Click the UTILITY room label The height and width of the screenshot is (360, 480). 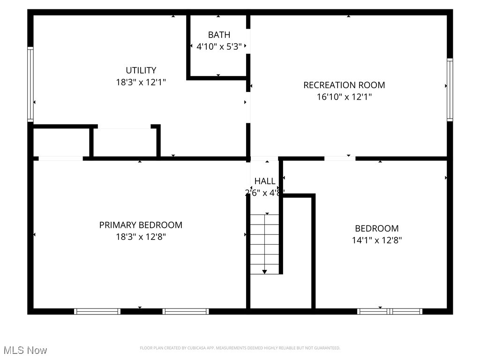[141, 71]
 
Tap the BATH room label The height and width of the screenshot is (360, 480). [219, 35]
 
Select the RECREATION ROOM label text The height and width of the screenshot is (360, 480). [344, 85]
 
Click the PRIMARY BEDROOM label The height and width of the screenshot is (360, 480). [141, 225]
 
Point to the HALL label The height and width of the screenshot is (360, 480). [265, 181]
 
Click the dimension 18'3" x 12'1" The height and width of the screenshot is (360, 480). [141, 82]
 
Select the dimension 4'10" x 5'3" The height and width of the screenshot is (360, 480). [219, 47]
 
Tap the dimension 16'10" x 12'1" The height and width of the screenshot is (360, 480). [344, 97]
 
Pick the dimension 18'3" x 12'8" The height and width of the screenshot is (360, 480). [141, 237]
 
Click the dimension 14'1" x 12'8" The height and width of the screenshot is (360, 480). [377, 240]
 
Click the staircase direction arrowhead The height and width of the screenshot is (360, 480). [264, 271]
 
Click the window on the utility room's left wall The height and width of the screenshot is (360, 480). [30, 84]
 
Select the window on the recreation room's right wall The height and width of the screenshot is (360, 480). [450, 90]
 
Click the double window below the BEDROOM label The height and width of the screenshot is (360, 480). [390, 311]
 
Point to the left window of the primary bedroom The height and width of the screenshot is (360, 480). [97, 311]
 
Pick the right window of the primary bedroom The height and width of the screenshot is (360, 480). [186, 311]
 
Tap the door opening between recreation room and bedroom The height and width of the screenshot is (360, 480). [340, 158]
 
